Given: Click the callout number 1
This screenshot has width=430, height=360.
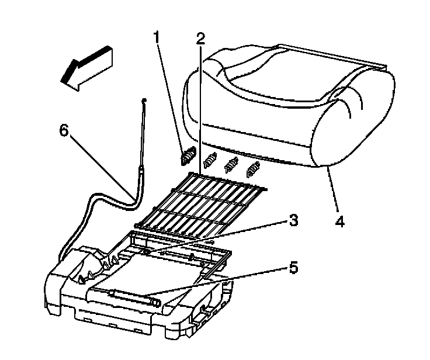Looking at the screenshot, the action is click(156, 37).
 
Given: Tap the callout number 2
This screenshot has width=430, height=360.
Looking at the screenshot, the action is click(200, 39).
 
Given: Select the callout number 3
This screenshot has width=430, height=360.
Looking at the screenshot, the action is click(293, 221).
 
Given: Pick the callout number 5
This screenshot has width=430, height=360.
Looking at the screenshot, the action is click(293, 268).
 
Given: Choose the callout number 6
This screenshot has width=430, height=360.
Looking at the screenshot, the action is click(66, 130).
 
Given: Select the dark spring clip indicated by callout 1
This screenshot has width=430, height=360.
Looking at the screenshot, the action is click(187, 157).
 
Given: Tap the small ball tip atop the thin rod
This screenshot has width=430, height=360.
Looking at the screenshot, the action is click(143, 101).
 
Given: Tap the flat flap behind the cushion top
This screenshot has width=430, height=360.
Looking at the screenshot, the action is click(333, 54).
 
